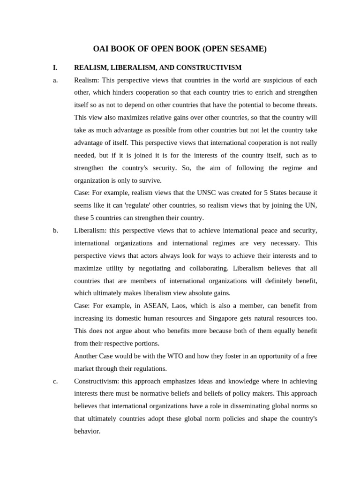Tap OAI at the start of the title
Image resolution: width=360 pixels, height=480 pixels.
click(102, 49)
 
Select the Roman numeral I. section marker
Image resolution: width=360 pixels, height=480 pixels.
click(55, 67)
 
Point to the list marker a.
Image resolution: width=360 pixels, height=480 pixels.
click(55, 80)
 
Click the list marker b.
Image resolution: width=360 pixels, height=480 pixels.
click(55, 231)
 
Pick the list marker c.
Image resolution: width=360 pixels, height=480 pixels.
click(55, 381)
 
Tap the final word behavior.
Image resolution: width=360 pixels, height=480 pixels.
click(87, 431)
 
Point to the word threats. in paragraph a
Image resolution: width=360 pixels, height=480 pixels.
click(304, 105)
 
